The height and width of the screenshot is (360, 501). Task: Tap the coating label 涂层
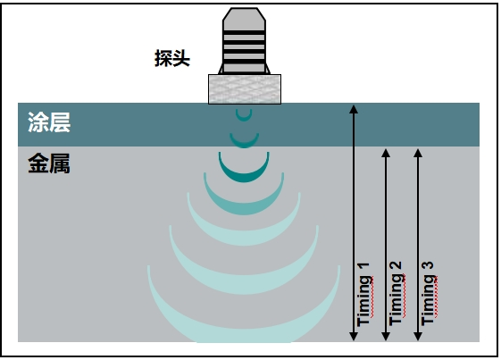pos(48,123)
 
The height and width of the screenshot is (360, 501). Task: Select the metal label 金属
pos(48,164)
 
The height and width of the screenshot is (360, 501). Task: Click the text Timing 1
pos(363,295)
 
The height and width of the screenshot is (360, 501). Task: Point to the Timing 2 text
pos(396,295)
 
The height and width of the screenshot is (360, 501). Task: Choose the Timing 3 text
pos(428,295)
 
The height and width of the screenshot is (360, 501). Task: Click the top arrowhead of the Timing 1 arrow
pos(354,109)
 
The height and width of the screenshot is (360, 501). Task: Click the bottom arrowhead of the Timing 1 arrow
pos(354,336)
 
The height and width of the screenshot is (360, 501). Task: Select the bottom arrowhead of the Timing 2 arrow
pos(386,336)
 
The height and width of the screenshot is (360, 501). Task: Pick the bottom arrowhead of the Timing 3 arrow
pos(418,336)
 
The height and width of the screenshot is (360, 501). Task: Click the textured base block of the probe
pos(244,88)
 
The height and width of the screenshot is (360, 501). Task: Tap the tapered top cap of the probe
pos(244,19)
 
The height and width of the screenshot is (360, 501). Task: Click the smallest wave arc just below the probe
pos(244,117)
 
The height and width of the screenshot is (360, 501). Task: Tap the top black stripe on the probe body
pos(244,32)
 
